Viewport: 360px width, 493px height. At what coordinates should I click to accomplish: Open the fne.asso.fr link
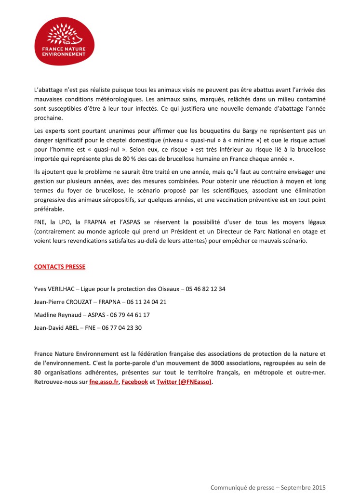pyautogui.click(x=104, y=382)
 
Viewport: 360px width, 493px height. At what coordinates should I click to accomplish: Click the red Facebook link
pyautogui.click(x=134, y=382)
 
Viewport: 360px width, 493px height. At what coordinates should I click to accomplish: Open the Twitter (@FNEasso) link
pyautogui.click(x=184, y=382)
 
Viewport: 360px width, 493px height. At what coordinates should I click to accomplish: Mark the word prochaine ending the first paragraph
pyautogui.click(x=48, y=118)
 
